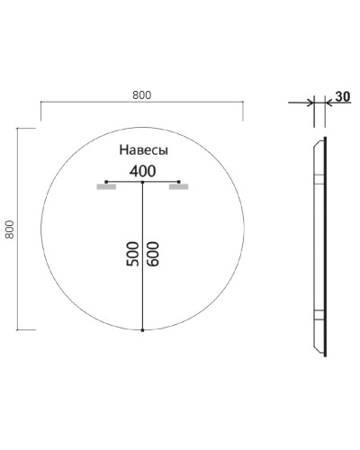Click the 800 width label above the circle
click(141, 92)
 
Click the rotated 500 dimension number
click(131, 255)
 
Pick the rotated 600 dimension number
click(155, 255)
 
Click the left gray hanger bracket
click(107, 188)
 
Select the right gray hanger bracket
click(177, 188)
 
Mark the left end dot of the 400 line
click(106, 183)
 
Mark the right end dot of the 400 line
click(179, 183)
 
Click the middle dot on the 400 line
click(142, 183)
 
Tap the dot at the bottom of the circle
click(142, 331)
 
